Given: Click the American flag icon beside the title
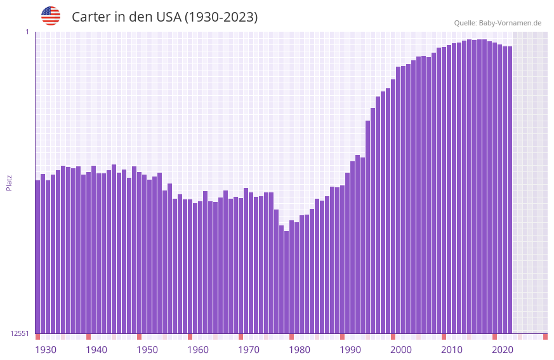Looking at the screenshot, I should (x=51, y=16).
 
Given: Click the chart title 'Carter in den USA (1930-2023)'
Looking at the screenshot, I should (x=164, y=17).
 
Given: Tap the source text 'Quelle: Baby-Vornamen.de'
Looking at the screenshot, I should (x=498, y=23).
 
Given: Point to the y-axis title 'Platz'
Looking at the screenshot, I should (x=9, y=182).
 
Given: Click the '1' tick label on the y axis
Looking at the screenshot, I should (x=27, y=32).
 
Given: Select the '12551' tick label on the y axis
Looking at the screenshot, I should (x=19, y=333).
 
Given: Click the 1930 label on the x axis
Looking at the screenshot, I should (x=46, y=350).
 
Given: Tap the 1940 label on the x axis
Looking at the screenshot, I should (x=96, y=350).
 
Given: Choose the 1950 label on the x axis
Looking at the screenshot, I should (x=147, y=350).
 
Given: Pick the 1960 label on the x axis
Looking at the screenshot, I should (x=198, y=350).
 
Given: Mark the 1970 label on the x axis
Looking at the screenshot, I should (x=249, y=350).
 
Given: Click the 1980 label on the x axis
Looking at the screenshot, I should (x=300, y=350).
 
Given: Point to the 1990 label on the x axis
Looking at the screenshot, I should (x=350, y=350).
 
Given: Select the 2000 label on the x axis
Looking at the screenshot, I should (x=401, y=350).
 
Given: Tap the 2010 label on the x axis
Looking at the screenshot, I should (x=452, y=350).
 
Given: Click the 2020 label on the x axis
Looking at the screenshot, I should (x=503, y=350).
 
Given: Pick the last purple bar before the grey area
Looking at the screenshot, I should (x=510, y=190).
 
